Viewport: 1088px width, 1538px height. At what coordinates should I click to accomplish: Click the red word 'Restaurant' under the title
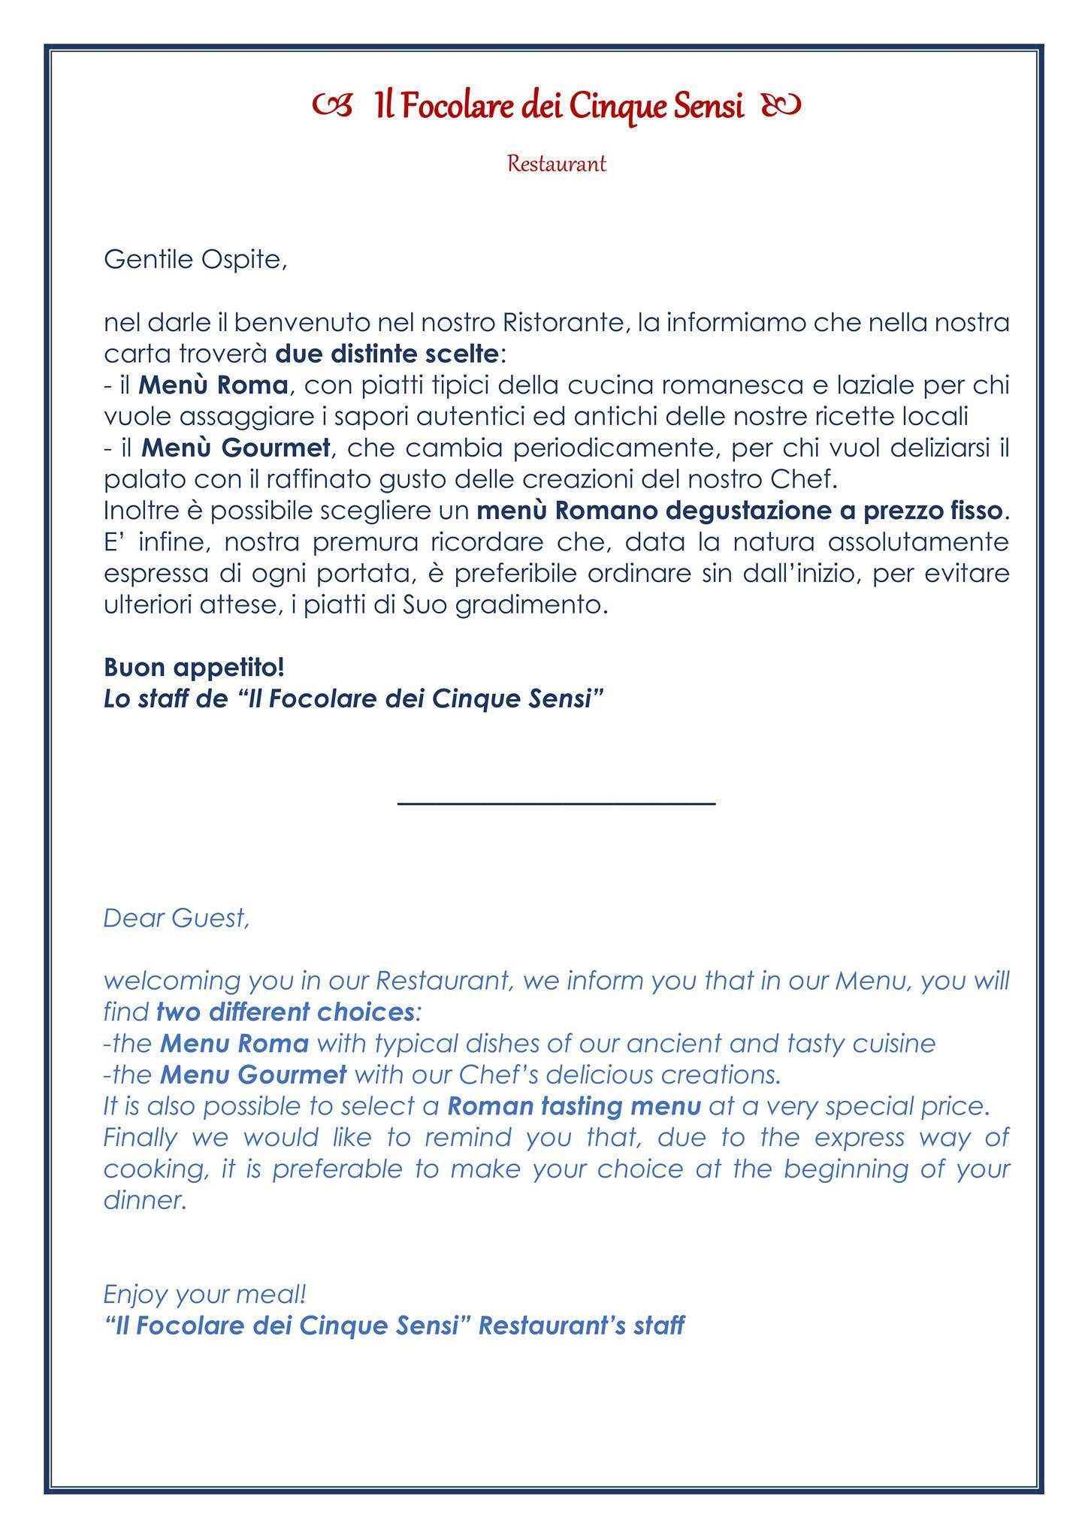[x=556, y=164]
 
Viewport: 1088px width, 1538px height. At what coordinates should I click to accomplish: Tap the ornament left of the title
[x=331, y=107]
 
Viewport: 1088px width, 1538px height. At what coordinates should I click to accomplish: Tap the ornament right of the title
[x=781, y=107]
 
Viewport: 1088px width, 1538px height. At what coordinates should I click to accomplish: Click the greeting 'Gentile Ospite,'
[x=195, y=260]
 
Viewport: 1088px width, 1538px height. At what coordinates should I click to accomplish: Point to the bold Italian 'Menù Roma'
[x=213, y=385]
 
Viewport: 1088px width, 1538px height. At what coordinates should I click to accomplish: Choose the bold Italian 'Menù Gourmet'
[x=236, y=448]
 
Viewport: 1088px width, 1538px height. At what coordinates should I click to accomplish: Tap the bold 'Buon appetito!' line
[x=194, y=667]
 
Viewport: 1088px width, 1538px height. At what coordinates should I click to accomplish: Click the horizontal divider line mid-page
[x=556, y=804]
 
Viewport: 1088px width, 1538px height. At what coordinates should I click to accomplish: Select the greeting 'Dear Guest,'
[x=176, y=918]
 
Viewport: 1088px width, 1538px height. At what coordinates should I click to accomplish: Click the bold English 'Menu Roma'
[x=234, y=1044]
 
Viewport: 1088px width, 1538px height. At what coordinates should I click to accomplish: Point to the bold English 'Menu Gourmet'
[x=253, y=1075]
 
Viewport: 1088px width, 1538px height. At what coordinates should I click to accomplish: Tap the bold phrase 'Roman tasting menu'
[x=574, y=1107]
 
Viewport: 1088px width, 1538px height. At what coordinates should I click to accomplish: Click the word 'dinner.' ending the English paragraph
[x=145, y=1201]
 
